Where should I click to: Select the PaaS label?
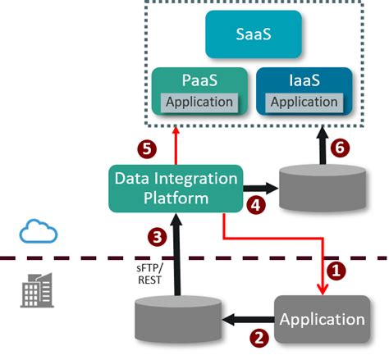coord(201,83)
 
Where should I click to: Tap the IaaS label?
coord(304,83)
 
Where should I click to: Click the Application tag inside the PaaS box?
coord(201,103)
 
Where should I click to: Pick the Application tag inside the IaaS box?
coord(304,103)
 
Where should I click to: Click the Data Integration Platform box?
coord(176,188)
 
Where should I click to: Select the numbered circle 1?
coord(335,267)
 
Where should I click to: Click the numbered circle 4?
coord(256,207)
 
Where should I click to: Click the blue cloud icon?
coord(39,233)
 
